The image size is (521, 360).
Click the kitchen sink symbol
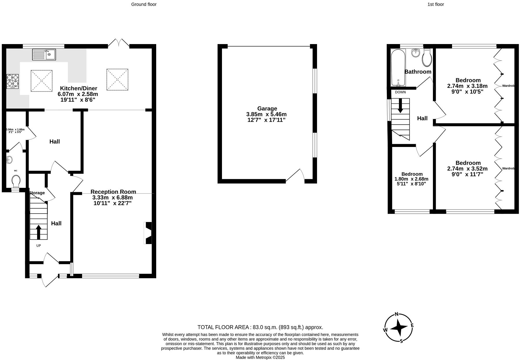tap(44, 54)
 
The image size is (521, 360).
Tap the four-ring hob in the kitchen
tap(13, 81)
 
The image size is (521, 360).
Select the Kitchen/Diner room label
tap(78, 88)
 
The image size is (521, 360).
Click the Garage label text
tap(267, 109)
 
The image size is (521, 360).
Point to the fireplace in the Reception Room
tap(148, 233)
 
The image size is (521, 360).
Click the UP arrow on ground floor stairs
tap(38, 232)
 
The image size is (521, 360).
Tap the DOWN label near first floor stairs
tap(400, 92)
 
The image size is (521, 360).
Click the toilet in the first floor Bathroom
tap(427, 58)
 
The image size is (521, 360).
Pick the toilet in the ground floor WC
tap(16, 181)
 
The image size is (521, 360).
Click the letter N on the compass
tap(397, 314)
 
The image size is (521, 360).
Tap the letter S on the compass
tap(401, 341)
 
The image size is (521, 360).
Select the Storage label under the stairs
tap(37, 193)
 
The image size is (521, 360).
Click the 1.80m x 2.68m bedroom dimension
tap(411, 179)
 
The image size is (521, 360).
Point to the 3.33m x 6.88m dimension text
tap(112, 198)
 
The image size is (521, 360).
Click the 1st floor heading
tap(436, 4)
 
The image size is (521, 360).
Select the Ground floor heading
tap(144, 4)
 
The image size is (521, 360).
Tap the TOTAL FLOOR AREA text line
tap(260, 327)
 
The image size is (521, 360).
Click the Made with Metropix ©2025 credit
tap(260, 357)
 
